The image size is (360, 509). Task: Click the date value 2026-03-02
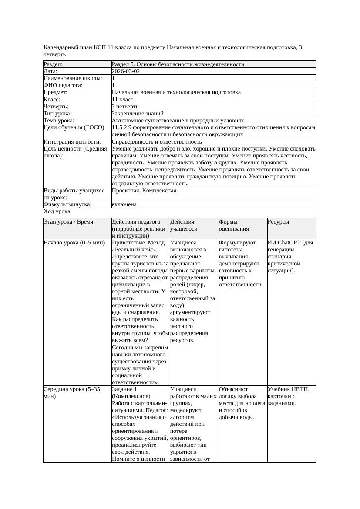(126, 71)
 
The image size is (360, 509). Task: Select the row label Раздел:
(53, 64)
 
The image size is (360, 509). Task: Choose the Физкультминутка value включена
(124, 204)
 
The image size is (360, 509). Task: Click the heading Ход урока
(57, 211)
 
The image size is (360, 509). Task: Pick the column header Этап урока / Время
(68, 222)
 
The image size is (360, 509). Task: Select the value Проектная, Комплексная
(144, 191)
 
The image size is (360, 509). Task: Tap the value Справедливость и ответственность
(157, 142)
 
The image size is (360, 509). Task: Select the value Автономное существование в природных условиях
(178, 120)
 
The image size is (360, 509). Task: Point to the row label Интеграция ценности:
(72, 142)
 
